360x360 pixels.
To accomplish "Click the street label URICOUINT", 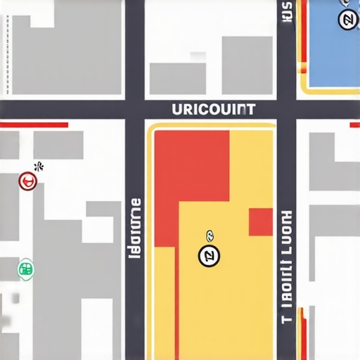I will pos(214,110).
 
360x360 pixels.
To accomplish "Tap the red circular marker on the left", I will pos(27,181).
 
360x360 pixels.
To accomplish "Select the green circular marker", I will pos(25,269).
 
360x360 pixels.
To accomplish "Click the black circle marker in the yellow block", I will pos(209,257).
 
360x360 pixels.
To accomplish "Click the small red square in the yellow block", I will pos(261,221).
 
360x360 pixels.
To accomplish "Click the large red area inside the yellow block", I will pos(190,176).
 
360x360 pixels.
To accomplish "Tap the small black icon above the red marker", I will pos(39,167).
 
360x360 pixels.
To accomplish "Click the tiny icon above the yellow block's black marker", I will pos(208,236).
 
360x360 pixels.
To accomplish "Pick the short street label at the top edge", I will pos(286,12).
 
